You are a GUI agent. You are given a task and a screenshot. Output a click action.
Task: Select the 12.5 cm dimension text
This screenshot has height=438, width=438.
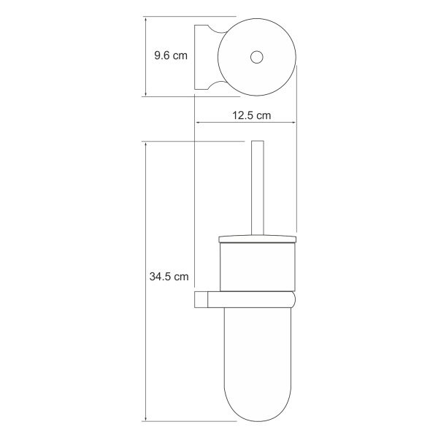pos(251,115)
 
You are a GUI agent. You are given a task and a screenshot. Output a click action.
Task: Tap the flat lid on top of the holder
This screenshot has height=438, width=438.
pos(256,238)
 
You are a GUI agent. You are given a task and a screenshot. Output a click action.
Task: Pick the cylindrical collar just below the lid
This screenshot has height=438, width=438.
pos(256,266)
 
